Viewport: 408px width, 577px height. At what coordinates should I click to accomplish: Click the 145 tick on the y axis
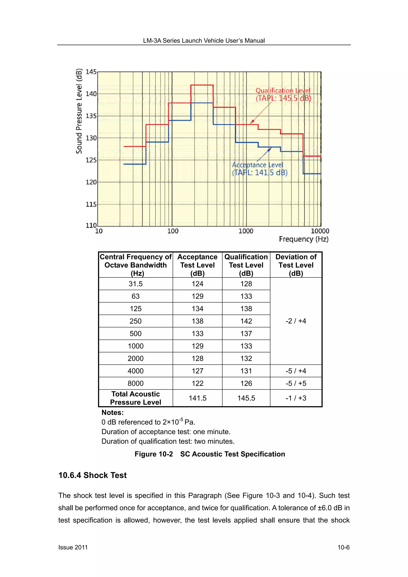(x=91, y=72)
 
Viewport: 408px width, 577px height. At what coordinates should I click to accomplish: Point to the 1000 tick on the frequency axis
(x=246, y=231)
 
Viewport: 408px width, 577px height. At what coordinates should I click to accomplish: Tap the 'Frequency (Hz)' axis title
(x=303, y=239)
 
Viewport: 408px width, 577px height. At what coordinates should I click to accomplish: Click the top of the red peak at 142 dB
(x=202, y=85)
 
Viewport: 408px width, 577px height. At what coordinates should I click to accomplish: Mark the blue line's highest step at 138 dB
(x=202, y=103)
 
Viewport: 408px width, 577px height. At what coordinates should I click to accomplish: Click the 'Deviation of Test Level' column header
(x=296, y=265)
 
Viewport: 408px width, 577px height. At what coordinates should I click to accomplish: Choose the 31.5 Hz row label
(x=135, y=284)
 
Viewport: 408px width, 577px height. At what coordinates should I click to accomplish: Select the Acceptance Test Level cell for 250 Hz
(x=197, y=321)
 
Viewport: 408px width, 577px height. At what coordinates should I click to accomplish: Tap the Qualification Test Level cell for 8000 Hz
(x=246, y=383)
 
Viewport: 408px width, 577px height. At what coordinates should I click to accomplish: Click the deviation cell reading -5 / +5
(x=296, y=383)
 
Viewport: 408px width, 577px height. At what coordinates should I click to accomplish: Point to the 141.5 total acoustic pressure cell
(x=197, y=398)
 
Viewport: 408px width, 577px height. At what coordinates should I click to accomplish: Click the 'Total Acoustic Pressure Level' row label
(x=135, y=398)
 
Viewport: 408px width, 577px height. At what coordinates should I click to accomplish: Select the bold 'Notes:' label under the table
(x=112, y=412)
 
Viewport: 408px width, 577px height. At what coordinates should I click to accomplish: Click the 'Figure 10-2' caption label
(x=154, y=454)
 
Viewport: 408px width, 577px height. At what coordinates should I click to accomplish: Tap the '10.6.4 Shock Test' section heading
(x=92, y=475)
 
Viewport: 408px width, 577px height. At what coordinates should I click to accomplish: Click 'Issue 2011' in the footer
(x=73, y=547)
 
